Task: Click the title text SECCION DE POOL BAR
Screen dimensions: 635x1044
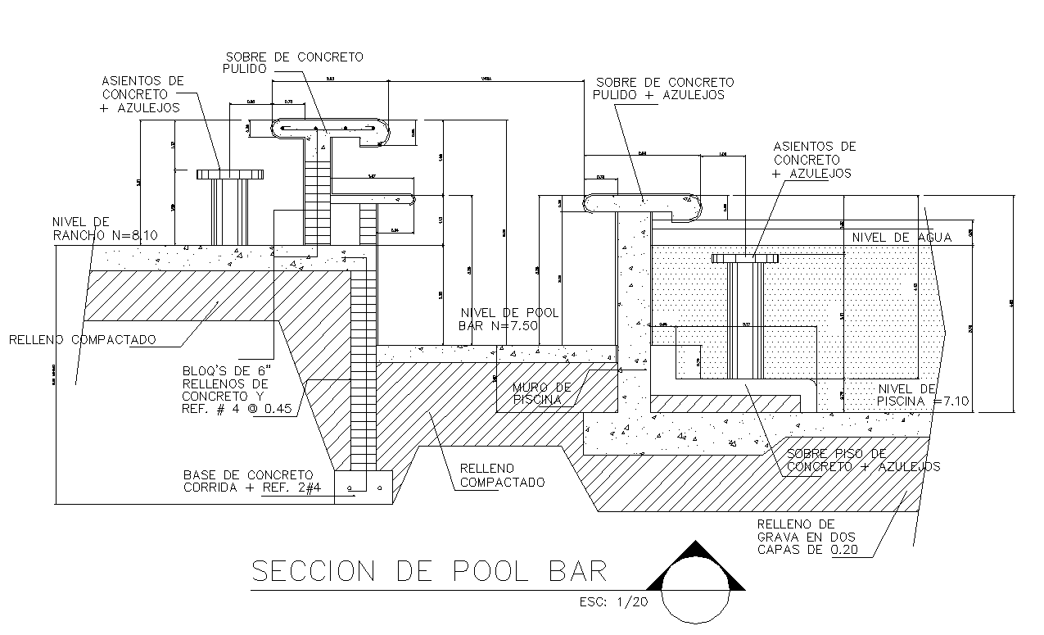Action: tap(429, 571)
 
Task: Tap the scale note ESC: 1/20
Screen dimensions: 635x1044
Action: tap(613, 602)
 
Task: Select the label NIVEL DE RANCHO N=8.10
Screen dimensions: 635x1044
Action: tap(105, 229)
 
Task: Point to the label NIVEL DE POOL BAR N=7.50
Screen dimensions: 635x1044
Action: tap(509, 320)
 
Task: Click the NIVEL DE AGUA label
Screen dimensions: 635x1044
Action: tap(902, 238)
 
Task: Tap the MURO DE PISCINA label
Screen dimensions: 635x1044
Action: tap(541, 393)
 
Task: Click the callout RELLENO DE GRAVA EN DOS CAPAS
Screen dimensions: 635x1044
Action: tap(807, 537)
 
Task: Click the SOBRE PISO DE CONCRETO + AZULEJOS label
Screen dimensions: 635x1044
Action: tap(862, 460)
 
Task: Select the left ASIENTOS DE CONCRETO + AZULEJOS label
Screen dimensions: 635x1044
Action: tap(142, 94)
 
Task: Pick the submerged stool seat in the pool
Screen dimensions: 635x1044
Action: tap(744, 259)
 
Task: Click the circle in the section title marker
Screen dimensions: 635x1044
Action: tap(695, 595)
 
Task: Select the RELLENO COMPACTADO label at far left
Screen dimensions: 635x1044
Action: tap(82, 339)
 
